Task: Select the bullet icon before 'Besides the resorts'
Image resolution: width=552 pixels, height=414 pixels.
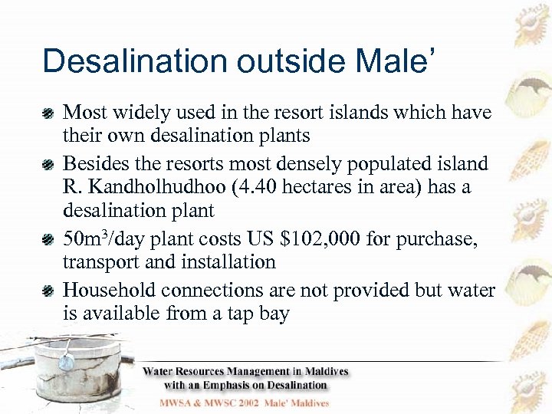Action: (48, 164)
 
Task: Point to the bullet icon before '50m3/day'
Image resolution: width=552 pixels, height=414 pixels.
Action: (48, 240)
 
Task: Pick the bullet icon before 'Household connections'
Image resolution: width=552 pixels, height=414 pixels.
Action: (48, 291)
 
